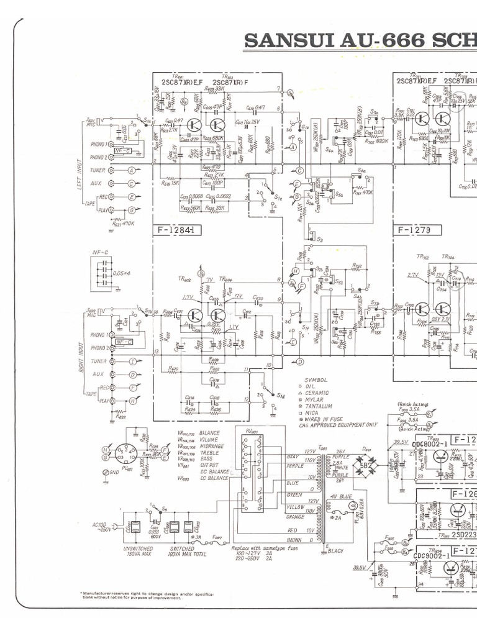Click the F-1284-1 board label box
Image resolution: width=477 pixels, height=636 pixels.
[x=177, y=232]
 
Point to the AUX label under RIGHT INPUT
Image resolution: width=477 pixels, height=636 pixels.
[x=96, y=375]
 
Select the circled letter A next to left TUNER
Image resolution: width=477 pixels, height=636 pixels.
[x=131, y=170]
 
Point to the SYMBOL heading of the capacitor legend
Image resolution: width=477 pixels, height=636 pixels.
[x=316, y=379]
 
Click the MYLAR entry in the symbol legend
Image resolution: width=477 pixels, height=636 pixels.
[x=314, y=402]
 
